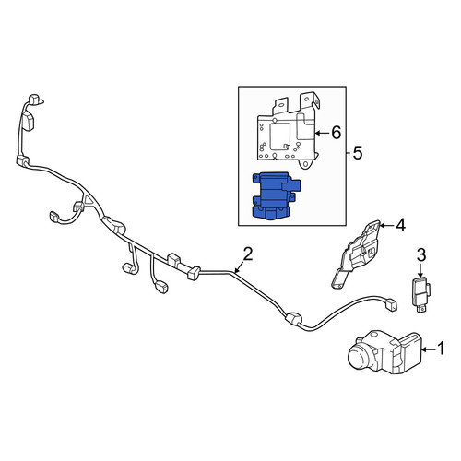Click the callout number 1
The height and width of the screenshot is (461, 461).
coord(441,349)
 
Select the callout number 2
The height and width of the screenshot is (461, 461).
coord(248,254)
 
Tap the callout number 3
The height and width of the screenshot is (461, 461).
coord(421,255)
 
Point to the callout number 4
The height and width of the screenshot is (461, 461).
coord(401,226)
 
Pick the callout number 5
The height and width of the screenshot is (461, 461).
coord(358,153)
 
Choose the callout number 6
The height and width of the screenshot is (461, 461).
coord(337,133)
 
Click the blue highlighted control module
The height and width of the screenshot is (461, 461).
coord(276,196)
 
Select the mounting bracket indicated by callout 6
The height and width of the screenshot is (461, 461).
coord(289,133)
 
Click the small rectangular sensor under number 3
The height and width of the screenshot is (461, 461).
coord(421,293)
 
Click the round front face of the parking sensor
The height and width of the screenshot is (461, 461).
coord(358,358)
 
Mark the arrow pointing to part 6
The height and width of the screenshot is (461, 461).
coord(323,133)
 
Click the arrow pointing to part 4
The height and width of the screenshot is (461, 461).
coord(386,226)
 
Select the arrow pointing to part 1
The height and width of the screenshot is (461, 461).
coord(429,349)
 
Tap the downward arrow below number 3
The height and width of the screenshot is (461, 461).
coord(421,270)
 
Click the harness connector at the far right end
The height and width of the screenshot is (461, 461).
coord(392,306)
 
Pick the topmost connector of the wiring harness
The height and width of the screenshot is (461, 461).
coord(35,100)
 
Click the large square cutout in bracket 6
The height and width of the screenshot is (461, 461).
coord(280,136)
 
